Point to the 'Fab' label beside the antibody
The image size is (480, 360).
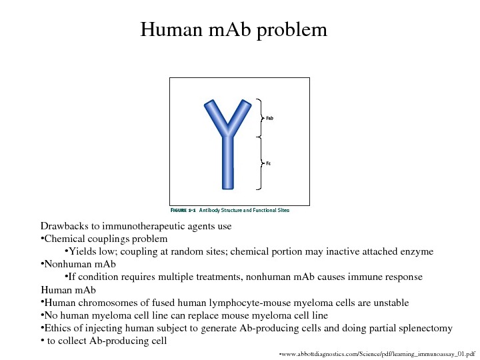pyautogui.click(x=270, y=118)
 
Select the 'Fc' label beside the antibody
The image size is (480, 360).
pyautogui.click(x=268, y=163)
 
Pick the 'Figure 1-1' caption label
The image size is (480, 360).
pyautogui.click(x=183, y=210)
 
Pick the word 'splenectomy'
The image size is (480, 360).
pyautogui.click(x=423, y=328)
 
